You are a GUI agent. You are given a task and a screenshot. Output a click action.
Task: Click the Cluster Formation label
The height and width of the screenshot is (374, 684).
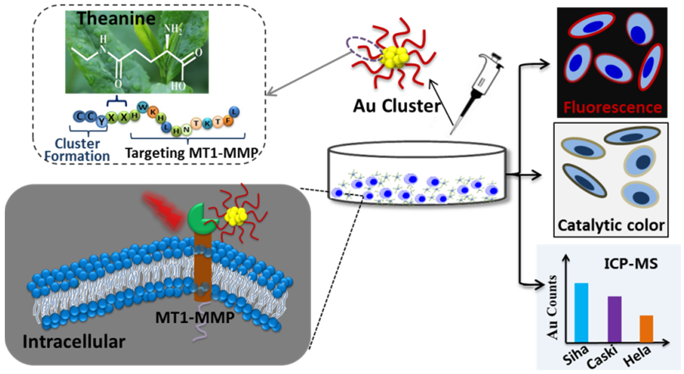click(x=77, y=150)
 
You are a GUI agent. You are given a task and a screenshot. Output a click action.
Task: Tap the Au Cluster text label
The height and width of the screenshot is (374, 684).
click(x=396, y=106)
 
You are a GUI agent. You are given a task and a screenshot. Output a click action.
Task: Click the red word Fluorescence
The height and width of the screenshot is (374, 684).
click(x=612, y=107)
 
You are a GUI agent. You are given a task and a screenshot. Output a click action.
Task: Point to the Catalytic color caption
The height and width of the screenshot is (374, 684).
click(x=611, y=225)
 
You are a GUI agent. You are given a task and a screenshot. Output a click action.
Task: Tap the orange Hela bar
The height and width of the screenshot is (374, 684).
click(x=646, y=329)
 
